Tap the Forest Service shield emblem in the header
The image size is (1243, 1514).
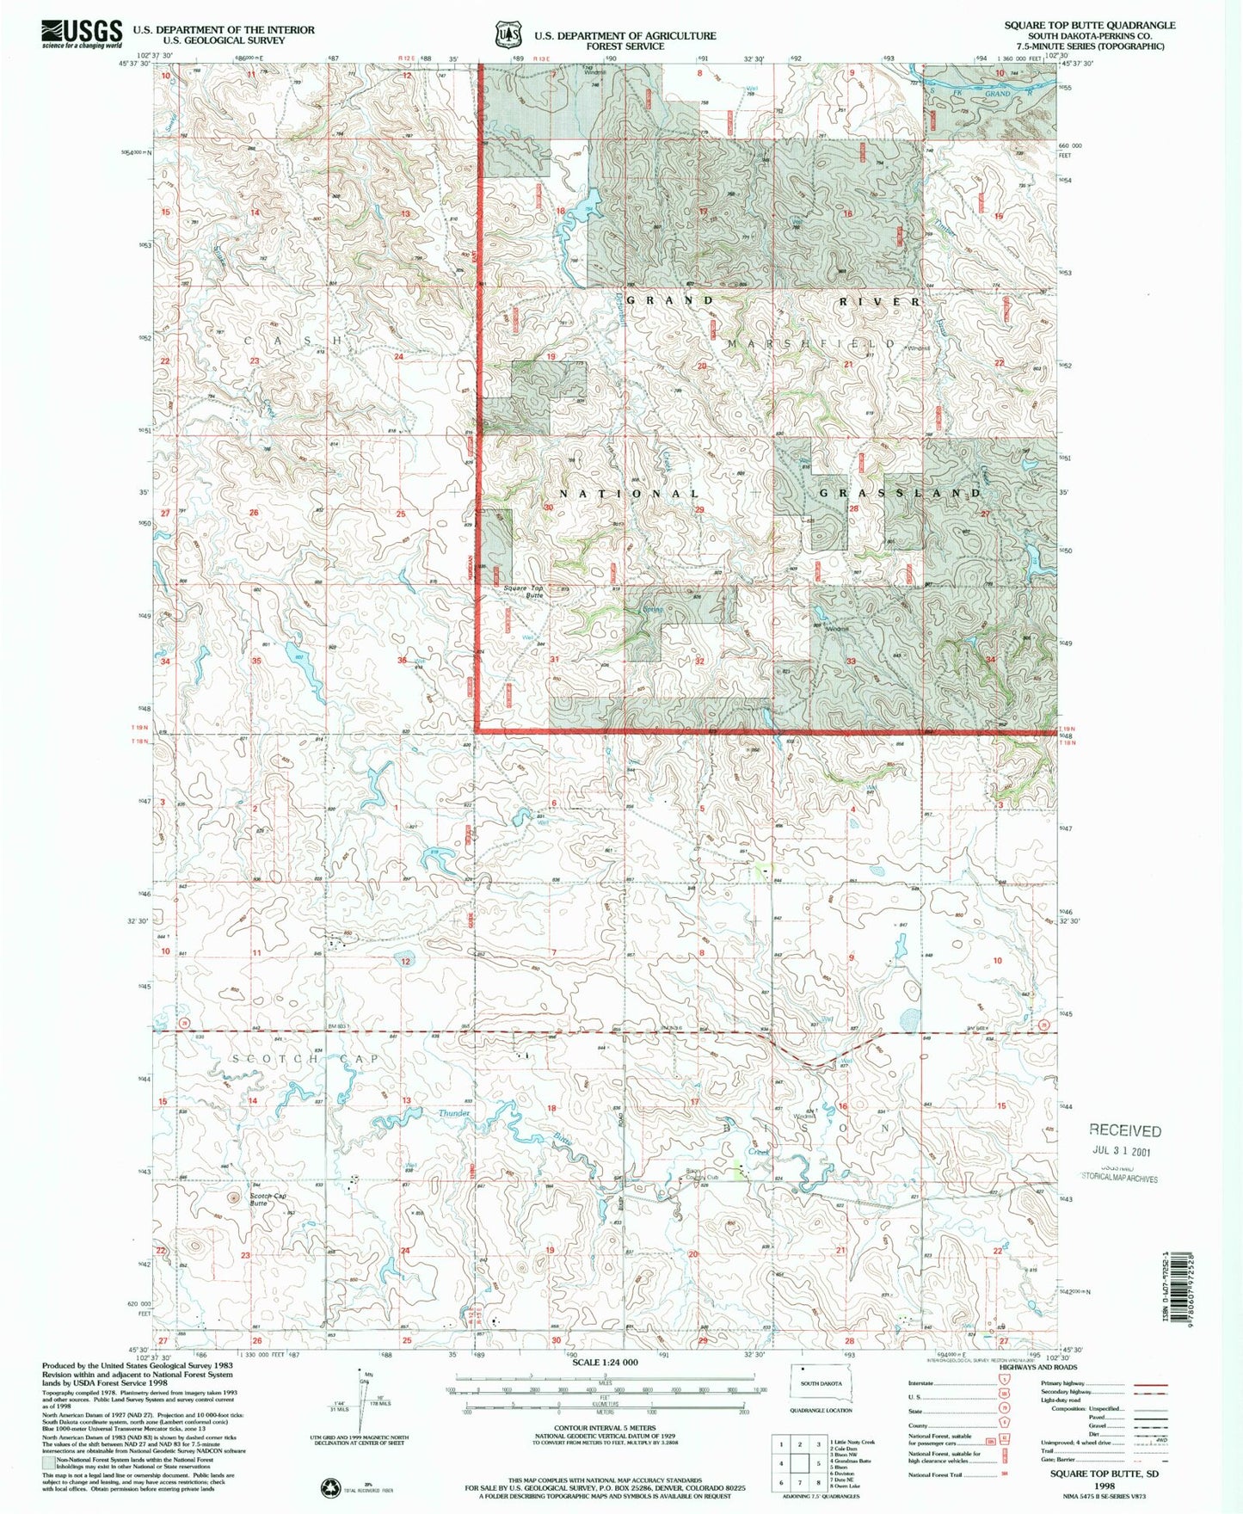point(508,35)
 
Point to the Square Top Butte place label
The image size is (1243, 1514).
point(524,591)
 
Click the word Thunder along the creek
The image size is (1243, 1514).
point(454,1113)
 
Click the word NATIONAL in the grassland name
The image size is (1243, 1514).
point(631,494)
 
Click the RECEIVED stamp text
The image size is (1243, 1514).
point(1125,1130)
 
